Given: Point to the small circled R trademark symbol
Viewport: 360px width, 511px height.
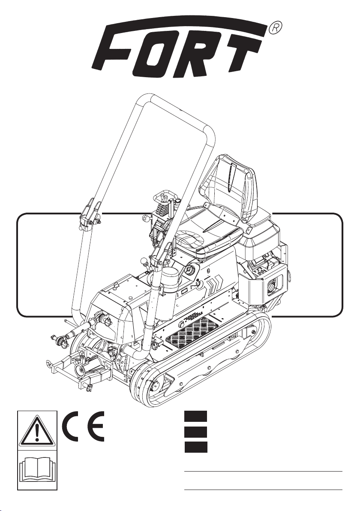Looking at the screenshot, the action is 275,28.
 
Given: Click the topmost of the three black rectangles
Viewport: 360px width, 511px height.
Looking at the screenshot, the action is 195,417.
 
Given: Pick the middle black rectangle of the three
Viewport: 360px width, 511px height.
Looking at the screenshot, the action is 195,432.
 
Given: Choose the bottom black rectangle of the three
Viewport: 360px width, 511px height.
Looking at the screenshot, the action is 195,447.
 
